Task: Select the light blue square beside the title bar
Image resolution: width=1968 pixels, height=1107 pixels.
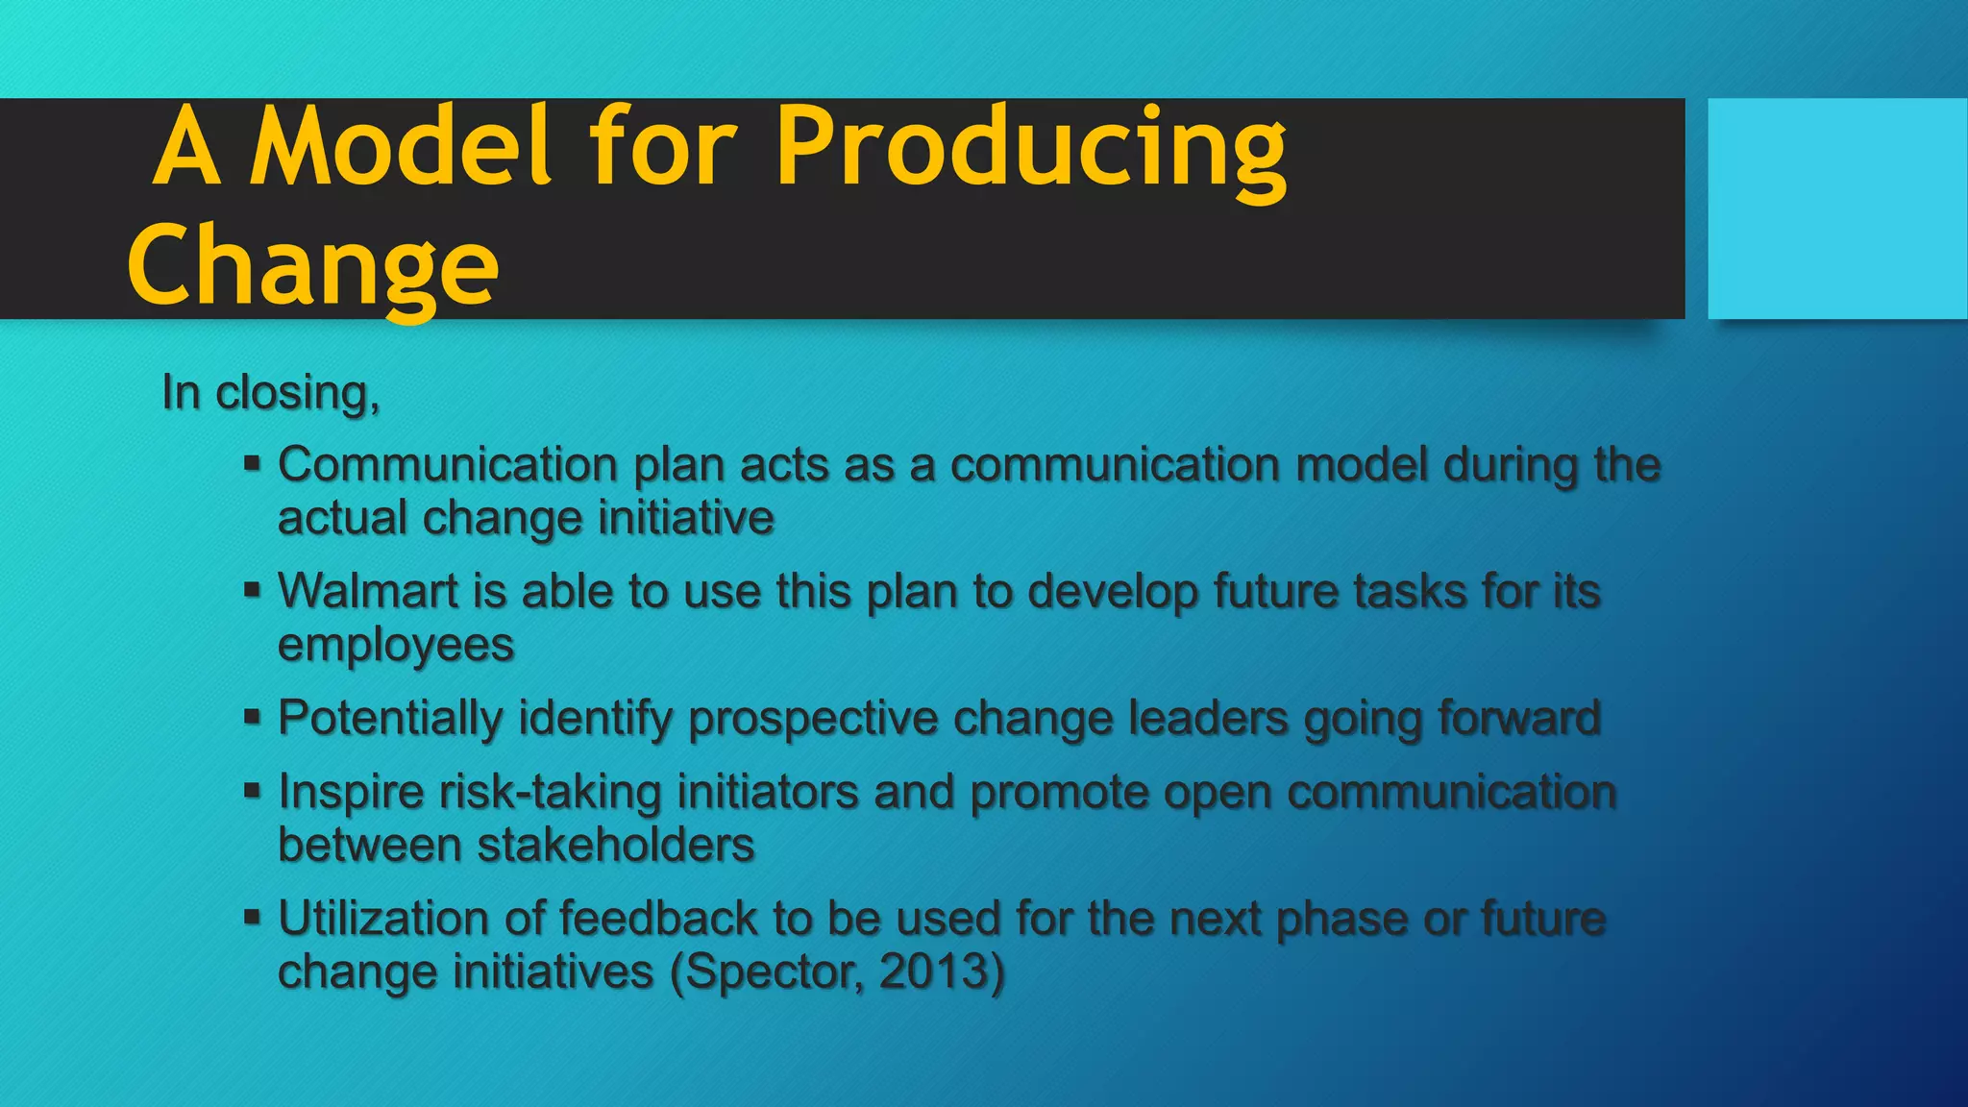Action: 1836,209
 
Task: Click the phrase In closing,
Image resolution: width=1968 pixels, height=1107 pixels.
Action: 271,393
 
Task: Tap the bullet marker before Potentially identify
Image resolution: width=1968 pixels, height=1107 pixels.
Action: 252,717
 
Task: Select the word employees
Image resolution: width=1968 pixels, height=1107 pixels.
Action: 396,645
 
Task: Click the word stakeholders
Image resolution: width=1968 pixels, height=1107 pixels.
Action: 615,846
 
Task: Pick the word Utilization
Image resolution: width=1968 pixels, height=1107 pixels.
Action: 382,919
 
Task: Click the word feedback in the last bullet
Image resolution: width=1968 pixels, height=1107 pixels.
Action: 657,919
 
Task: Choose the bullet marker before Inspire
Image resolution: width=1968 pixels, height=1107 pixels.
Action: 252,792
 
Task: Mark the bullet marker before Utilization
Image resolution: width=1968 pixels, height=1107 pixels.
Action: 252,918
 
